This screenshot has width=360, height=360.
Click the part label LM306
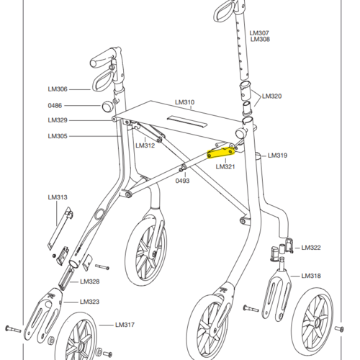(58, 89)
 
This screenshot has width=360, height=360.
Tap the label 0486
(55, 106)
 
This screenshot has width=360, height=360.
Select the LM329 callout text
(58, 120)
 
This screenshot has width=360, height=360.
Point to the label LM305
(58, 136)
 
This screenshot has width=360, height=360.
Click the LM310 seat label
(185, 102)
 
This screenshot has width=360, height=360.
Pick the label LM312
(145, 145)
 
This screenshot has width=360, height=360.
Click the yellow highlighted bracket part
(220, 153)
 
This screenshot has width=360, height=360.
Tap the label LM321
(225, 166)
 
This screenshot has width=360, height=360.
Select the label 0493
(182, 181)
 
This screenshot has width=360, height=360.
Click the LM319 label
(278, 156)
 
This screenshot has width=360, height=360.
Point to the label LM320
(272, 96)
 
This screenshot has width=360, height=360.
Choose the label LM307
(259, 33)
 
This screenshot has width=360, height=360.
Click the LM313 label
(58, 197)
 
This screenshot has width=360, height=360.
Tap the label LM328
(90, 282)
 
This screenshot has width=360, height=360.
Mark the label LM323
(90, 302)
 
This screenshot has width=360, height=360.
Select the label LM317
(125, 325)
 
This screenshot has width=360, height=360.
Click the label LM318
(311, 276)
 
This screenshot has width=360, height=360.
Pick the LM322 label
(311, 248)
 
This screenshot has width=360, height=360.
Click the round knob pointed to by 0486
(107, 107)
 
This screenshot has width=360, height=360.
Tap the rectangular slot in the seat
(187, 122)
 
